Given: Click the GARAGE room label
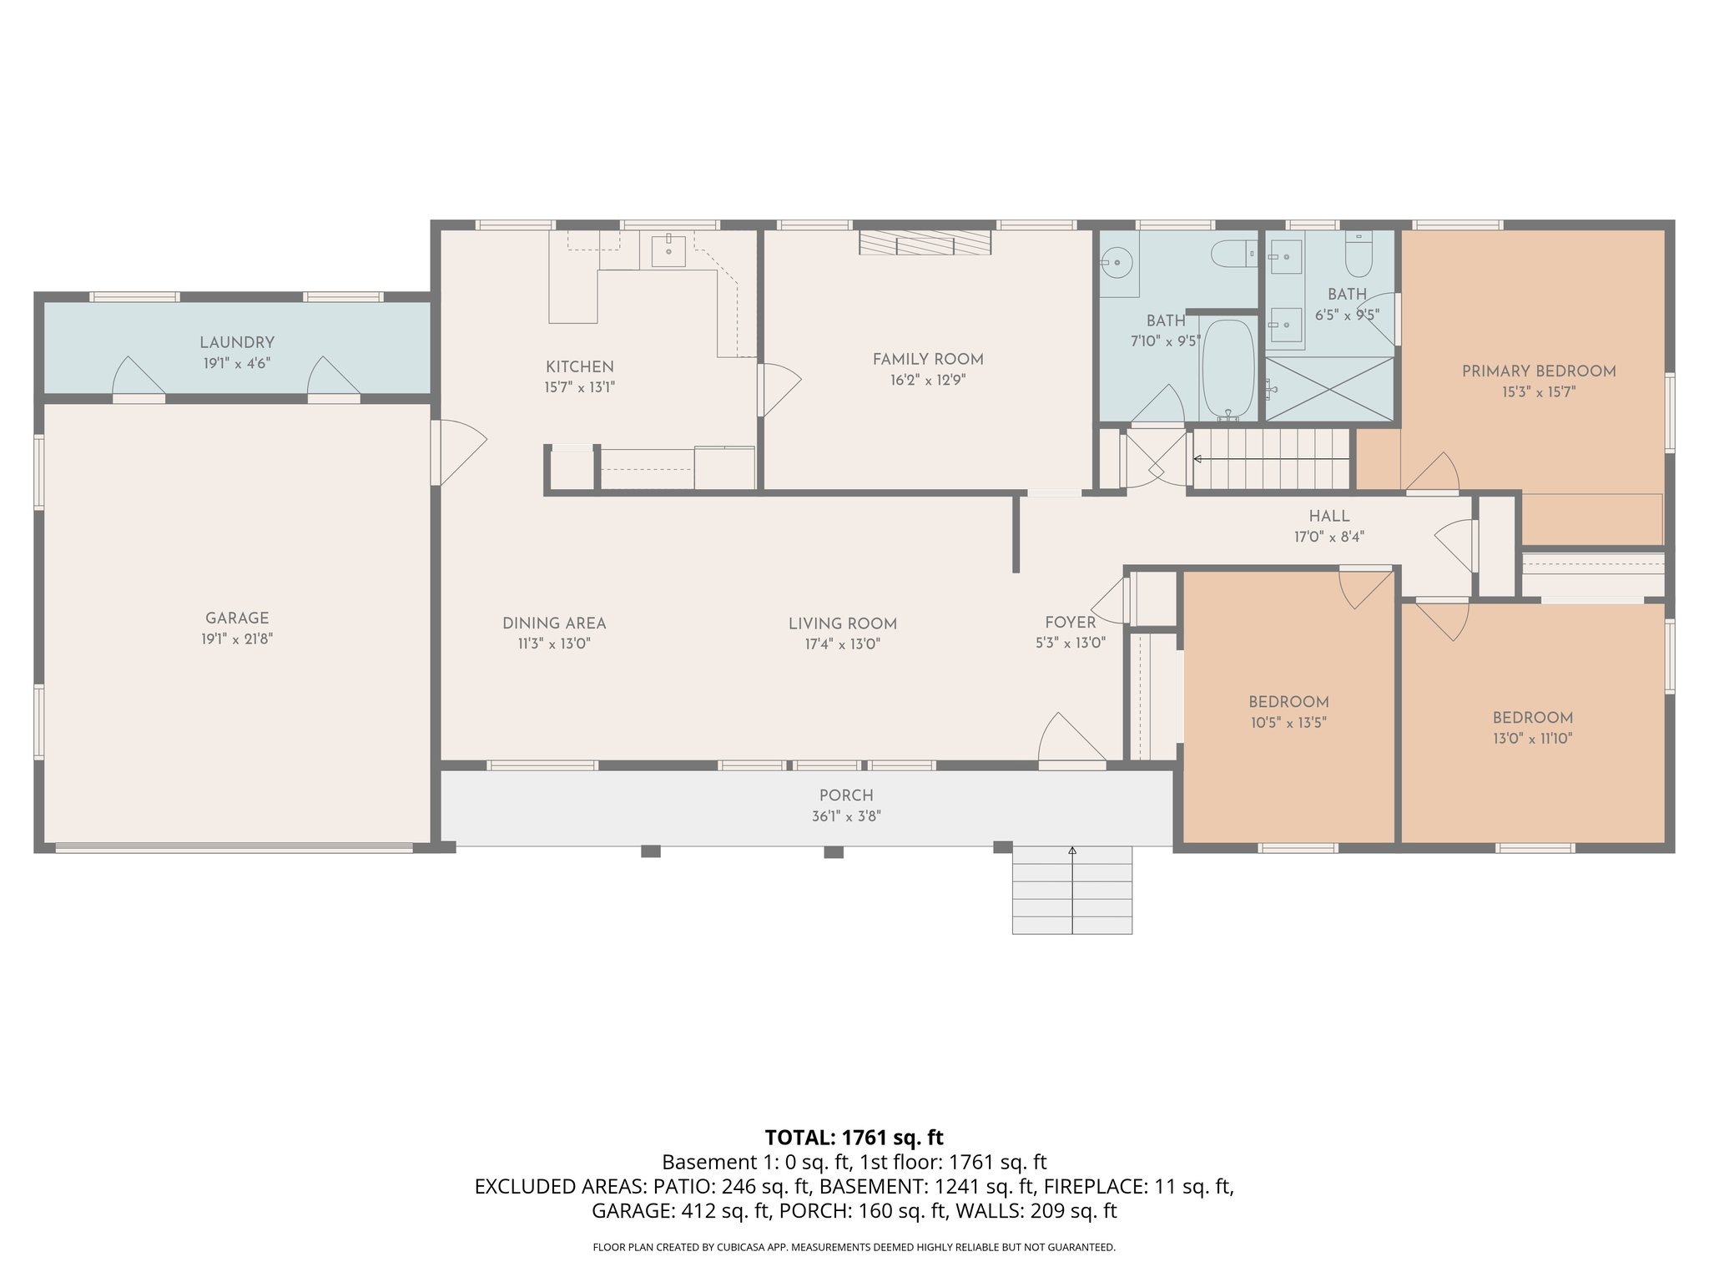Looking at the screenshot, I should (x=237, y=618).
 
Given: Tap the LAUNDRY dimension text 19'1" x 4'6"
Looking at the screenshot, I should (x=237, y=364).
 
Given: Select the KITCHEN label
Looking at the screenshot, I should (x=579, y=366).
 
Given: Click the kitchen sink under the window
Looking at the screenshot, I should (x=668, y=250).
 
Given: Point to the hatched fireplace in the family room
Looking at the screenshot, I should (x=925, y=243).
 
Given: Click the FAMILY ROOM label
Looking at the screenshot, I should (x=927, y=360).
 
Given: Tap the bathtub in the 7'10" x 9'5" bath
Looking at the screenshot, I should (x=1228, y=370).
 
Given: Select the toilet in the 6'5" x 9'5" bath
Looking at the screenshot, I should (x=1359, y=255).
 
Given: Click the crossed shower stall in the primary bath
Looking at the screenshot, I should (x=1329, y=389).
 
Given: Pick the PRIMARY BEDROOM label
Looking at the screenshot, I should (x=1538, y=371).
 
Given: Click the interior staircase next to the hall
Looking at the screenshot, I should (x=1271, y=459).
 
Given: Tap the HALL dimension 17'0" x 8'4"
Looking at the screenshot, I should (x=1328, y=538).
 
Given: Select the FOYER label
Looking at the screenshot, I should (x=1070, y=623).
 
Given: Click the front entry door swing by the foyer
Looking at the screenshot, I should (x=1071, y=739).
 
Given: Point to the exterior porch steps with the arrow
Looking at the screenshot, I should (x=1072, y=890).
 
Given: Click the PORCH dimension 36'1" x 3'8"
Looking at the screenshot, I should (x=846, y=817).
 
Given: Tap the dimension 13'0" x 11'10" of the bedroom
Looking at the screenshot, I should (x=1532, y=739).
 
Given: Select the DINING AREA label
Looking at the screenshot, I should (x=554, y=623).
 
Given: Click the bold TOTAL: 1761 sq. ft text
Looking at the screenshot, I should (x=854, y=1138).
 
